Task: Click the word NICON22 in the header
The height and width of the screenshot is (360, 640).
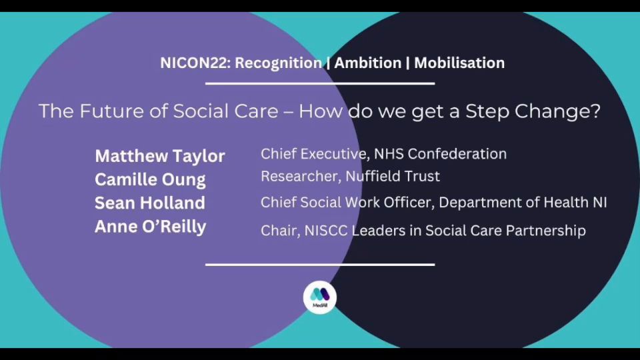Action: [x=195, y=63]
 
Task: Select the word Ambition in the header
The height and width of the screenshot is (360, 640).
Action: [x=368, y=63]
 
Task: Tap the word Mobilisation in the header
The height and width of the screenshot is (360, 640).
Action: [x=459, y=63]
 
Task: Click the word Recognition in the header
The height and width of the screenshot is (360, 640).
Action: [x=279, y=63]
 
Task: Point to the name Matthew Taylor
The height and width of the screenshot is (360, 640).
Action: [x=160, y=156]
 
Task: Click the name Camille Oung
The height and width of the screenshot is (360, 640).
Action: [x=150, y=180]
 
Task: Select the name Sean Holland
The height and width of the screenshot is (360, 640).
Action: [x=150, y=203]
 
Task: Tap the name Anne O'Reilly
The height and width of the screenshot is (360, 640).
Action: [x=150, y=227]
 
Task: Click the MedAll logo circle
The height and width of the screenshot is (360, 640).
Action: [x=320, y=297]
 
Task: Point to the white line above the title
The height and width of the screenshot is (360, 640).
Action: [x=320, y=84]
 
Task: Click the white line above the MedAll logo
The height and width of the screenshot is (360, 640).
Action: [x=320, y=265]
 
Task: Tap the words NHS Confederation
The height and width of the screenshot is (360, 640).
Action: [x=441, y=154]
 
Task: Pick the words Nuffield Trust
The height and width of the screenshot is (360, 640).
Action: [x=393, y=176]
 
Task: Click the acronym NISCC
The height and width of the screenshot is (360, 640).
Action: [x=326, y=231]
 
